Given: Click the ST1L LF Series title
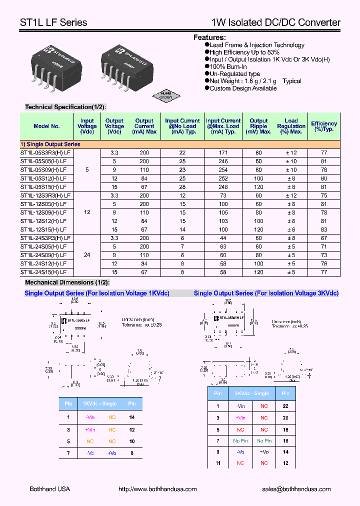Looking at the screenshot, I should click(53, 22).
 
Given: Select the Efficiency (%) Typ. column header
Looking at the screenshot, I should click(323, 126).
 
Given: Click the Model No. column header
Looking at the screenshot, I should click(47, 126).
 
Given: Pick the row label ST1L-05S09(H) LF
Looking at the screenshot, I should click(43, 170).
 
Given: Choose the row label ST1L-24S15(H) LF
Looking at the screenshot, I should click(43, 272).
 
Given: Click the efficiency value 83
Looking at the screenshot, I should click(323, 229).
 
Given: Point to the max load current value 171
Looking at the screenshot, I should click(223, 153).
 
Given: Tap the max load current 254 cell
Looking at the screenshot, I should click(223, 170).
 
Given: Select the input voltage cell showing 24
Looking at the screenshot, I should click(87, 255).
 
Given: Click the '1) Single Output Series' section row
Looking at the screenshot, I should click(50, 144).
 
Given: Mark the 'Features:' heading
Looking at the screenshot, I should click(209, 37).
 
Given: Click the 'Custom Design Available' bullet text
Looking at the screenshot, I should click(243, 88).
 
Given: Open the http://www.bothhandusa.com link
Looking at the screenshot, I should click(157, 489).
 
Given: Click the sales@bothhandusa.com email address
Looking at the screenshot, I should click(296, 489).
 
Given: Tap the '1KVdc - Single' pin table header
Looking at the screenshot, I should click(99, 403).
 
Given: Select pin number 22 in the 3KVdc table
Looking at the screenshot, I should click(285, 406).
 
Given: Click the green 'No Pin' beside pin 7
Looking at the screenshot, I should click(240, 441).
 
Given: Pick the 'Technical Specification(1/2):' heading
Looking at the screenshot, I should click(65, 107).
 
